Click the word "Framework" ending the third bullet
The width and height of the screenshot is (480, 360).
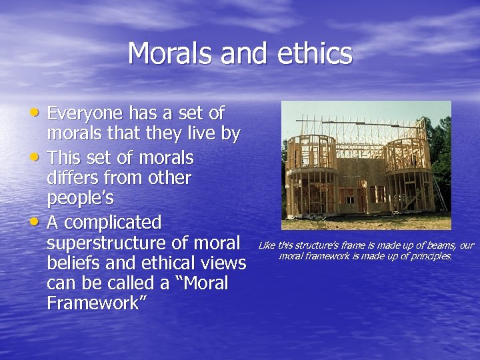coord(97,303)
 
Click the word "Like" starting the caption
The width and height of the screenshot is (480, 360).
coord(265,245)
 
